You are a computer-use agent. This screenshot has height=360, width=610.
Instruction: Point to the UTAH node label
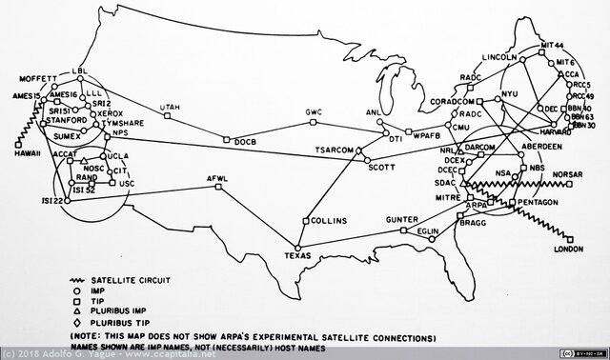click(170, 108)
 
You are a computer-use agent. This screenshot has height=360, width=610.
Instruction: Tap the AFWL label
click(218, 179)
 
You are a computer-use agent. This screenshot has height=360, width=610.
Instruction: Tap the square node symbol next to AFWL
click(218, 189)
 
